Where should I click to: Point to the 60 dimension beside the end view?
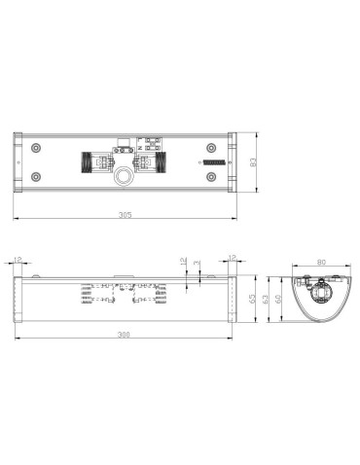coord(279,300)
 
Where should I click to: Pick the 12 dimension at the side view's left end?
coord(18,260)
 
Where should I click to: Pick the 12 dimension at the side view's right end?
coord(231,259)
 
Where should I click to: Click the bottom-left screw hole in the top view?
coord(36,177)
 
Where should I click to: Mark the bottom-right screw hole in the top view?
coord(210,177)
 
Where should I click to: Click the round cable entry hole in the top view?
coord(124,178)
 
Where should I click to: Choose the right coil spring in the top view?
coord(158,161)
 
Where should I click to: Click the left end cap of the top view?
coord(17,161)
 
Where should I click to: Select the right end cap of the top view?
coord(230,161)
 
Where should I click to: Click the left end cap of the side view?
coord(17,299)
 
